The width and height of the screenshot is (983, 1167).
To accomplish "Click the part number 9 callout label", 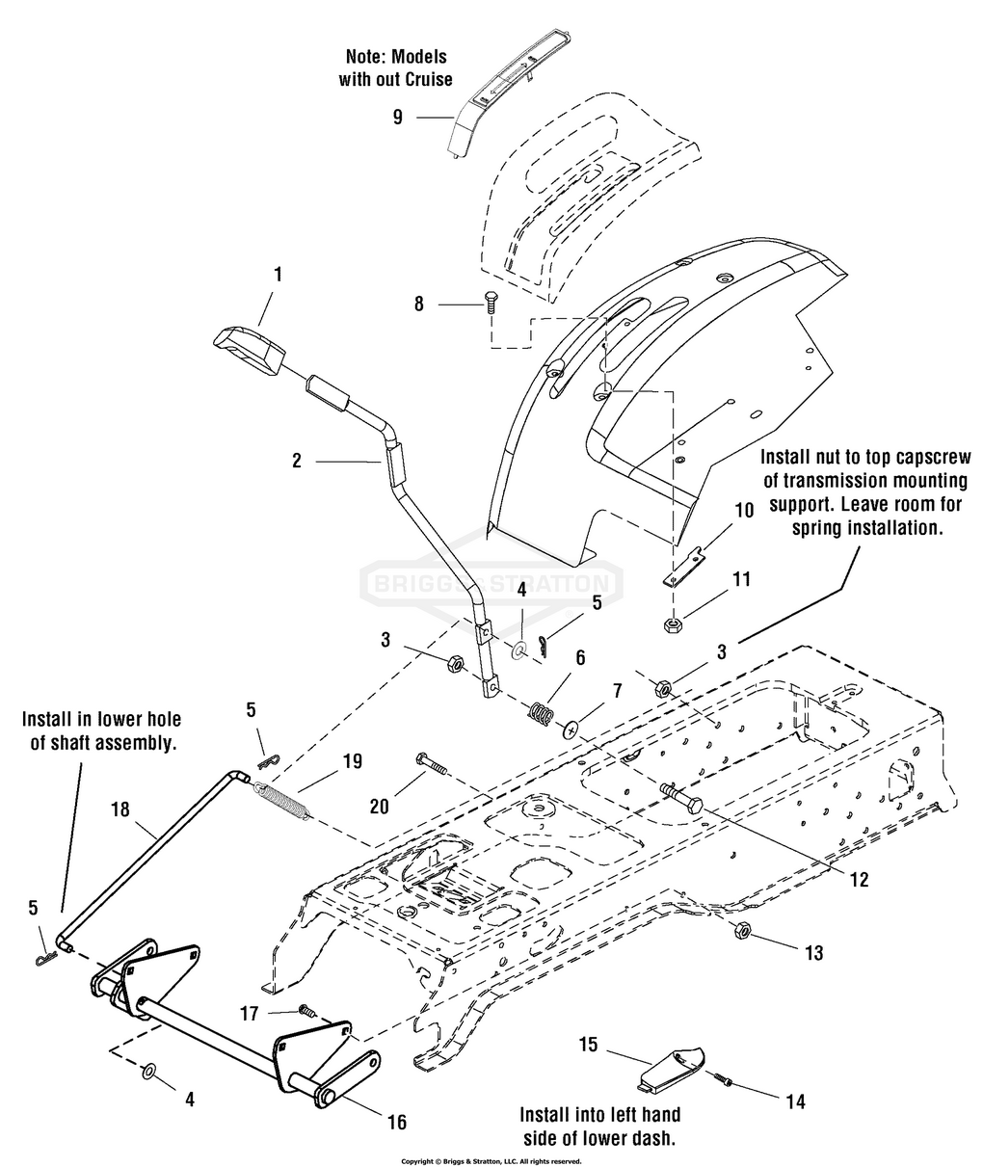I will click(x=397, y=118).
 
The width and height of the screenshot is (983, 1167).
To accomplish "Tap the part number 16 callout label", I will click(x=396, y=1122).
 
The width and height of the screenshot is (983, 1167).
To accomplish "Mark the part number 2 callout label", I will click(x=297, y=461).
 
